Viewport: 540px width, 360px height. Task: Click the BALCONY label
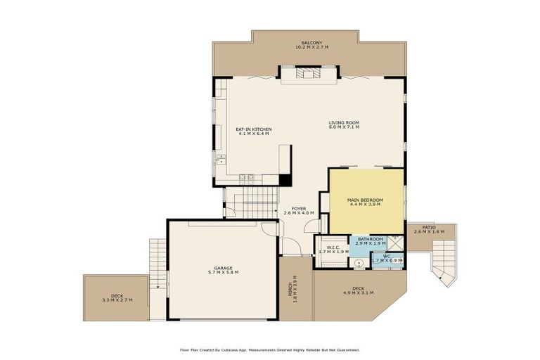click(x=311, y=43)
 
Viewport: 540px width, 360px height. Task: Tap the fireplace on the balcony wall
click(x=307, y=73)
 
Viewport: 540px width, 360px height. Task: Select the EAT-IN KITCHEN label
click(x=253, y=129)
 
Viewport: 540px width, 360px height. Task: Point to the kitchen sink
click(x=220, y=159)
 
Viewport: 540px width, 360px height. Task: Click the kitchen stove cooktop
click(x=246, y=178)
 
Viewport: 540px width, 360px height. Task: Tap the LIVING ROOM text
click(x=344, y=123)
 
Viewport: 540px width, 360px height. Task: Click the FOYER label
click(x=299, y=209)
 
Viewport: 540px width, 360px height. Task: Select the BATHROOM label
click(x=370, y=238)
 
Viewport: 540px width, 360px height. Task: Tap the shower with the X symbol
click(x=395, y=243)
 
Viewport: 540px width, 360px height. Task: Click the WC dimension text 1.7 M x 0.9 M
click(x=387, y=261)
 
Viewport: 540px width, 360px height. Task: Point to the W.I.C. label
click(x=333, y=247)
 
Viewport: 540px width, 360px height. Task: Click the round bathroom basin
click(x=359, y=264)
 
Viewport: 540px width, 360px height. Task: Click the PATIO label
click(x=429, y=227)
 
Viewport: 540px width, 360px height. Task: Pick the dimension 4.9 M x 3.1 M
click(x=358, y=292)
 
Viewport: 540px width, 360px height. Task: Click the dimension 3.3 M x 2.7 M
click(x=116, y=300)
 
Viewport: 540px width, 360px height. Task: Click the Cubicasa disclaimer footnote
click(x=270, y=349)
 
